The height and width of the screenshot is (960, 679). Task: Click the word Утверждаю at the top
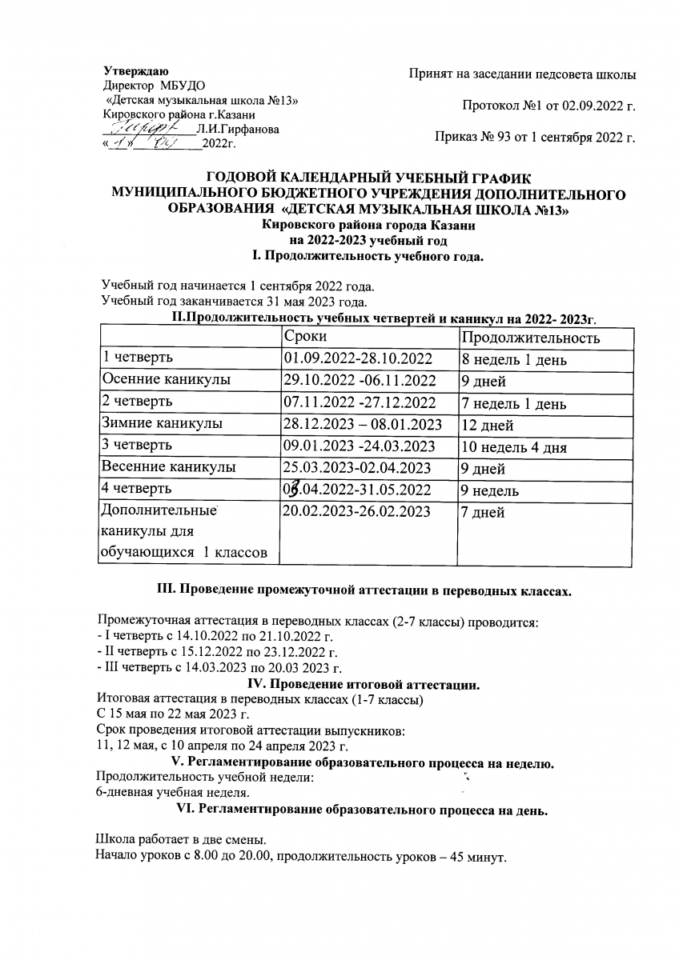(135, 73)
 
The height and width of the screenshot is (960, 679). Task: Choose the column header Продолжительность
(531, 338)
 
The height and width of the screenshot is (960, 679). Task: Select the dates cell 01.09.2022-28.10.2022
(358, 358)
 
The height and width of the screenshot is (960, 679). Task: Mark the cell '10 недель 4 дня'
(513, 446)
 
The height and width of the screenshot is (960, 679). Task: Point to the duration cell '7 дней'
(483, 513)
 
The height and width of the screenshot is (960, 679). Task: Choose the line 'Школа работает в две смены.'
(180, 842)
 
